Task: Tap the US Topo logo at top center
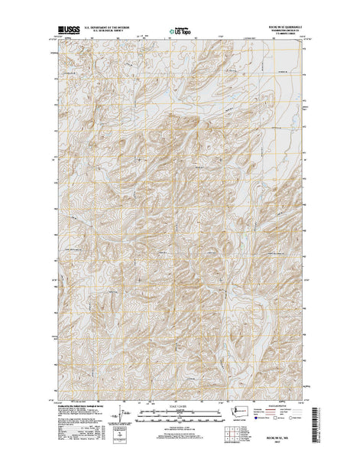pyautogui.click(x=180, y=32)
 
